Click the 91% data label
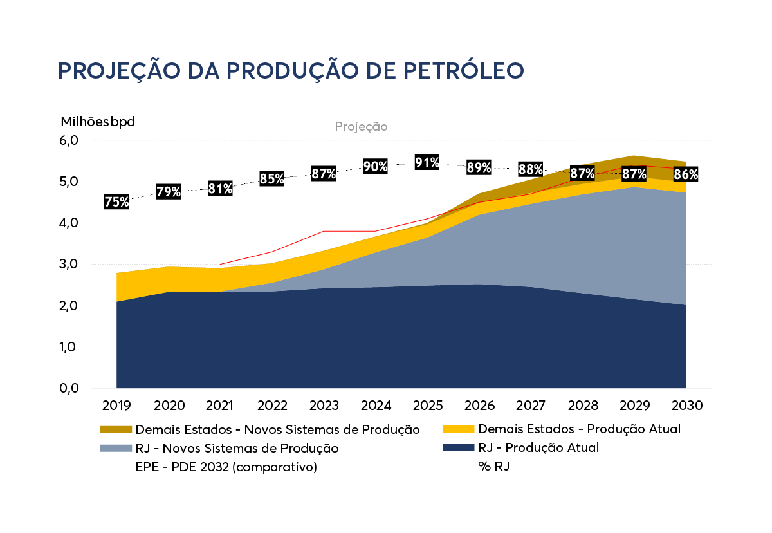[427, 162]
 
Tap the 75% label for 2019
[116, 201]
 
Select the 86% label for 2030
[686, 174]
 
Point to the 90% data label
[376, 167]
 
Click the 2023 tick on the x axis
[324, 406]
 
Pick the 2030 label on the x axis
[686, 406]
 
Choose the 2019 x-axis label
[116, 406]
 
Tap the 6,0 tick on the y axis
[69, 140]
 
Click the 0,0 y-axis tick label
[69, 388]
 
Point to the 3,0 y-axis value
[69, 264]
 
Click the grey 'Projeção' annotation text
[361, 127]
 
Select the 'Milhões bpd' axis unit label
[98, 122]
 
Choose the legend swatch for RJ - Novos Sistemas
[116, 447]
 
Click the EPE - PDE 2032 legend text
[226, 467]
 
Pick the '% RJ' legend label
[494, 467]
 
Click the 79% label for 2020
[169, 191]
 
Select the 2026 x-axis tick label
[479, 406]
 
